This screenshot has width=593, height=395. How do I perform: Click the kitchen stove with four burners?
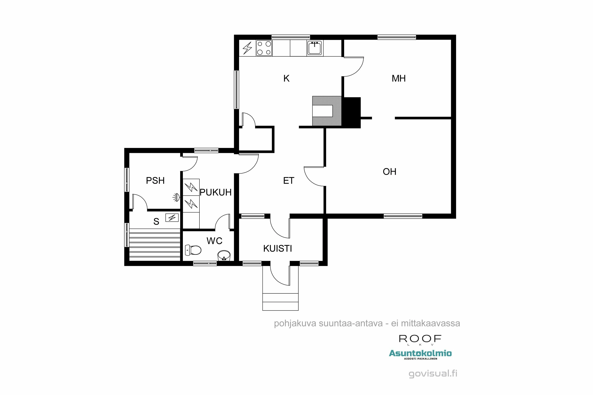coord(264,48)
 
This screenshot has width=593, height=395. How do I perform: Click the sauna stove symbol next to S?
coord(172,217)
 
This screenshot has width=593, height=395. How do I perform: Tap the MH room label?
coord(399,79)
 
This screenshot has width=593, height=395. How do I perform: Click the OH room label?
coord(390,172)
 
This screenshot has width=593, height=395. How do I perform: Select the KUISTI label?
coord(278,249)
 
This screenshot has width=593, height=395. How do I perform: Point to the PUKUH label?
coord(216,192)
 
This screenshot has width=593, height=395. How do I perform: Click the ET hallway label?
coord(289,181)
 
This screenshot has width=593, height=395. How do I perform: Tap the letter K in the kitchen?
coord(286,79)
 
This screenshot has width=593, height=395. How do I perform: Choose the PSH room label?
coord(155,181)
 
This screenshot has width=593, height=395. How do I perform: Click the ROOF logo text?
coord(420,339)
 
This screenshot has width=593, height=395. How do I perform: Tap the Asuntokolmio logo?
coord(420,354)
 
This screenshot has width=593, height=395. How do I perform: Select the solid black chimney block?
coord(351,113)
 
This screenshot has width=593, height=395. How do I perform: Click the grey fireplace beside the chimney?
coord(327,111)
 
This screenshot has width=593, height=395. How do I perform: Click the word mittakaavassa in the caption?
coord(431,324)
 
